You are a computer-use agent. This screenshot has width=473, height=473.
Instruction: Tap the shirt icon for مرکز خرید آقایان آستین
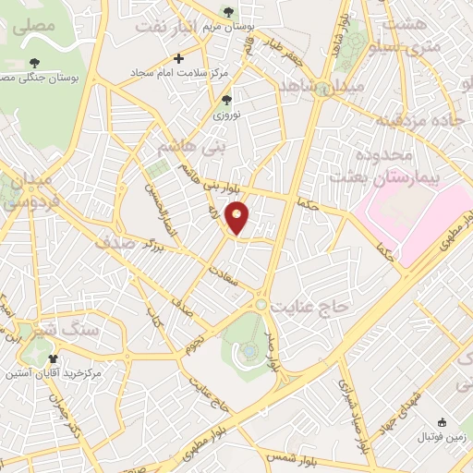(52, 358)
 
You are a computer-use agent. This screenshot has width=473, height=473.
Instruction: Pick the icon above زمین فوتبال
(441, 421)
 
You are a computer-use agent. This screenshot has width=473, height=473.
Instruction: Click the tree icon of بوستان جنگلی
(35, 62)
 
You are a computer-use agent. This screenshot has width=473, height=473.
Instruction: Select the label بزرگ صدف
(129, 243)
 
